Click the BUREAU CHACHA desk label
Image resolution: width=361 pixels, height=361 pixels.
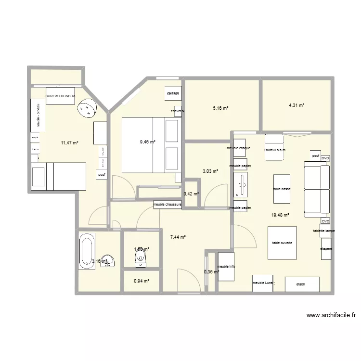point(60,96)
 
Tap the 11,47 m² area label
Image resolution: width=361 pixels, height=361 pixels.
point(69,142)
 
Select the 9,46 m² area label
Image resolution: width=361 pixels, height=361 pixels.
point(148,142)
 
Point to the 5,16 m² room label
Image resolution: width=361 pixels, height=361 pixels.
point(220,108)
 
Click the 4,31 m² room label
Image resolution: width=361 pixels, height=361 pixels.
point(297,105)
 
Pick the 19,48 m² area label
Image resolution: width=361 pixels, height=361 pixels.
point(280,215)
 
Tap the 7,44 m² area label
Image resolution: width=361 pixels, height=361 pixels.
point(178,237)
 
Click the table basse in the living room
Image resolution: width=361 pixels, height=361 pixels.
point(282,189)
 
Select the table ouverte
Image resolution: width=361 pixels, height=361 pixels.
point(282,243)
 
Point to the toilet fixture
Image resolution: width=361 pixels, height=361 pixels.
point(141,260)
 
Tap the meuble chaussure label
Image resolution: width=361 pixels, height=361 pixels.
point(167,205)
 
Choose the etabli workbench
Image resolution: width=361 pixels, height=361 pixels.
point(302,284)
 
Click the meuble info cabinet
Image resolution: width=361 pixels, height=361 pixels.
point(226,267)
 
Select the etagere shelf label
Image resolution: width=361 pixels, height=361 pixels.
point(326,248)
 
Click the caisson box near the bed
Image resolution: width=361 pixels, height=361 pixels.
point(173,93)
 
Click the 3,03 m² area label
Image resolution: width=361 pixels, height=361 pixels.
point(210,171)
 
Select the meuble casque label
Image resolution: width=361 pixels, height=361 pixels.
point(239,148)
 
